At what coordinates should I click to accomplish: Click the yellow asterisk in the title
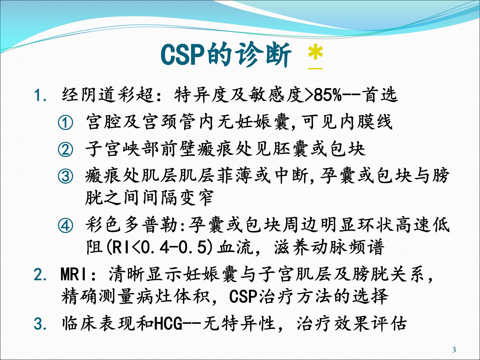pyautogui.click(x=315, y=53)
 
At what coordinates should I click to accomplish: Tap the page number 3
pyautogui.click(x=454, y=350)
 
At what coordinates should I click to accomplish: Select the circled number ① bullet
pyautogui.click(x=65, y=122)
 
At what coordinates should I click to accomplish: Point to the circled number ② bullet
pyautogui.click(x=65, y=150)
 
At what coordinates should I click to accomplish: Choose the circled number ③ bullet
pyautogui.click(x=65, y=176)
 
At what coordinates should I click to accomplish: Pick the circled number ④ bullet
pyautogui.click(x=65, y=226)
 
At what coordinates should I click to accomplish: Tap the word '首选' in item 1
pyautogui.click(x=379, y=95)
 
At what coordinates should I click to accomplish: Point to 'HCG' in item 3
pyautogui.click(x=168, y=324)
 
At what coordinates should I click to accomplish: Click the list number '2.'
pyautogui.click(x=40, y=275)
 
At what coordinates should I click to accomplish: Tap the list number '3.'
pyautogui.click(x=40, y=324)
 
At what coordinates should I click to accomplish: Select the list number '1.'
pyautogui.click(x=40, y=95)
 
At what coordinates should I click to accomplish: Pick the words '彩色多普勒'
pyautogui.click(x=131, y=225)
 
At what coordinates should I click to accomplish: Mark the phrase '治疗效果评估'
pyautogui.click(x=352, y=324)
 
